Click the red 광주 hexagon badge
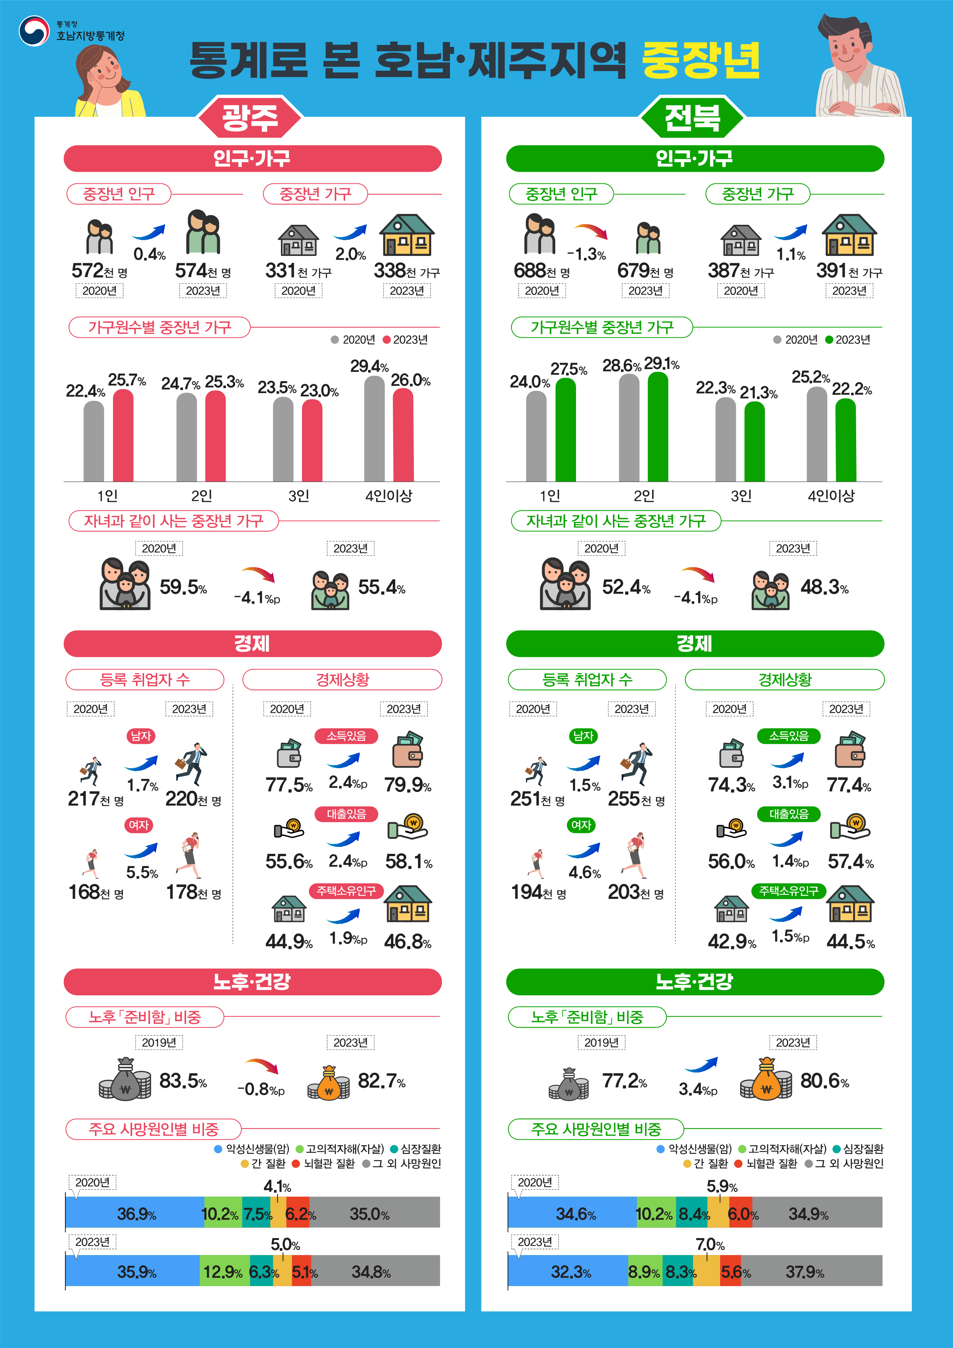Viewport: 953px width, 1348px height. tap(250, 118)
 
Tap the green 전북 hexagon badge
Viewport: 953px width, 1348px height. tap(692, 118)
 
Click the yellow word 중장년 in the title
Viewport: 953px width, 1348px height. tap(701, 60)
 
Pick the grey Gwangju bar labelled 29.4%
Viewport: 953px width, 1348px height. tap(375, 428)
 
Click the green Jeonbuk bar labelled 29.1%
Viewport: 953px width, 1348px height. tap(657, 427)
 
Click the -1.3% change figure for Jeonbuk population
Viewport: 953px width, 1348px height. tap(586, 254)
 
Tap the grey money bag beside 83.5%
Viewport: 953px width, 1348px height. tap(125, 1080)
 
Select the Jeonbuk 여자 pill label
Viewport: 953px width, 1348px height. tap(581, 825)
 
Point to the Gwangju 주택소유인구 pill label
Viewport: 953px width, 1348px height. tap(347, 891)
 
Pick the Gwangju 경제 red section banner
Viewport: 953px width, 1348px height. tap(252, 644)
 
